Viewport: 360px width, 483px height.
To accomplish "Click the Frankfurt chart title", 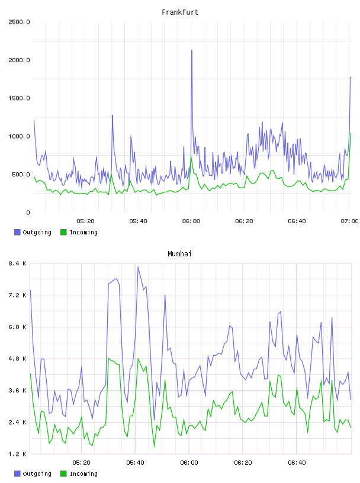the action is pyautogui.click(x=180, y=12).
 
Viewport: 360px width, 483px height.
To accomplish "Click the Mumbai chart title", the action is pyautogui.click(x=179, y=254).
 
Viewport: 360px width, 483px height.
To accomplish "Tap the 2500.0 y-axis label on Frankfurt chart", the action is pyautogui.click(x=19, y=22).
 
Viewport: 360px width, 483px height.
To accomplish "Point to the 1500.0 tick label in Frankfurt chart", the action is pyautogui.click(x=19, y=98).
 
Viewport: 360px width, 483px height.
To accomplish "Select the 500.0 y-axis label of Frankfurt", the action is pyautogui.click(x=21, y=175).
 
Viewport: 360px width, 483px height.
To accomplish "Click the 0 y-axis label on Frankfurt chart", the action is pyautogui.click(x=28, y=212).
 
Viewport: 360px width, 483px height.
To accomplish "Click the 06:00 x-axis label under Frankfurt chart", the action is pyautogui.click(x=191, y=221).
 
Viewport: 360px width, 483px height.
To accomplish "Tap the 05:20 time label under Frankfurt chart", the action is pyautogui.click(x=85, y=221).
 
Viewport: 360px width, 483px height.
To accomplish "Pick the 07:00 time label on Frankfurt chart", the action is pyautogui.click(x=349, y=221).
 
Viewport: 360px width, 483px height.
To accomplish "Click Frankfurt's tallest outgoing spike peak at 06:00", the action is pyautogui.click(x=192, y=50).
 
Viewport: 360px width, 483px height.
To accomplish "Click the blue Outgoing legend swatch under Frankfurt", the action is pyautogui.click(x=17, y=232).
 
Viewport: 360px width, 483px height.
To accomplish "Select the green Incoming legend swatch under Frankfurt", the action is pyautogui.click(x=63, y=232).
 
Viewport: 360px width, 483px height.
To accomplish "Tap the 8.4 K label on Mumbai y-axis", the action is pyautogui.click(x=17, y=263).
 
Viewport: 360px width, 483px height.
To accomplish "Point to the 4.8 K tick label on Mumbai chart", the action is pyautogui.click(x=17, y=359).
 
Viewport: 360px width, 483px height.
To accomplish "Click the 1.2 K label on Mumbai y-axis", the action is pyautogui.click(x=17, y=454).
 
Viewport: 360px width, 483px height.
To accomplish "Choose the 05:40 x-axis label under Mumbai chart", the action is pyautogui.click(x=136, y=463).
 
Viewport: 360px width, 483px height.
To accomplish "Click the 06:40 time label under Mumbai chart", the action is pyautogui.click(x=297, y=463).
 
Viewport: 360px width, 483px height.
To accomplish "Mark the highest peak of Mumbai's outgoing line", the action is pyautogui.click(x=138, y=267).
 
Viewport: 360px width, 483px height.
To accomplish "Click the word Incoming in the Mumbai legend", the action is pyautogui.click(x=83, y=474).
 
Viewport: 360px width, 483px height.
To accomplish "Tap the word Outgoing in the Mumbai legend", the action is pyautogui.click(x=37, y=474).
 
